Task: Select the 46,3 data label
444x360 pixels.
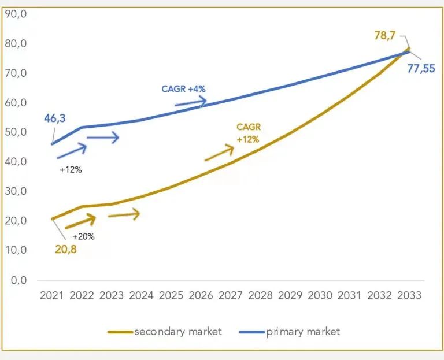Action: point(55,118)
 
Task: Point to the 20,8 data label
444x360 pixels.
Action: point(65,250)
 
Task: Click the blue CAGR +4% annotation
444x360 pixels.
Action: point(183,89)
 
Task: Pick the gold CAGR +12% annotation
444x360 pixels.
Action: point(247,133)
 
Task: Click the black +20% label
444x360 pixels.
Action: point(83,236)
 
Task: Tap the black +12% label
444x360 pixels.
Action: point(71,170)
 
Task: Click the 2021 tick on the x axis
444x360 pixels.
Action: point(51,295)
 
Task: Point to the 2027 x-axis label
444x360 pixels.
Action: point(231,295)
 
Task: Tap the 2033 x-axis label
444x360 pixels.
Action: point(409,295)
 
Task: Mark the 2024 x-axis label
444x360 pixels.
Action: point(141,295)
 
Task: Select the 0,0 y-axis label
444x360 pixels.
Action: point(18,280)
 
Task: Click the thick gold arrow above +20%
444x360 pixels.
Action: point(80,222)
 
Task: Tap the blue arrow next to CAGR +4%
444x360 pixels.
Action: point(191,102)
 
